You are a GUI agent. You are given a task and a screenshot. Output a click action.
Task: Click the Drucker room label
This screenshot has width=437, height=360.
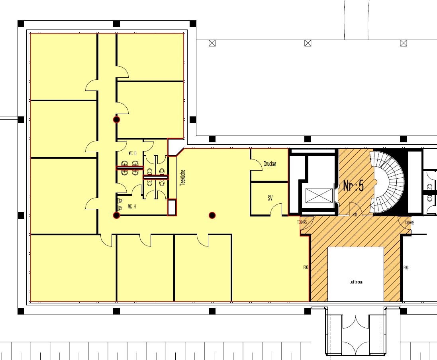[x=270, y=164]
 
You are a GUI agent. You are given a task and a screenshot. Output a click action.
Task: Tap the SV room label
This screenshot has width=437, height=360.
[x=270, y=198]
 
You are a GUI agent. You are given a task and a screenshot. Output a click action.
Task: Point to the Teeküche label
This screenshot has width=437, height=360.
[x=182, y=177]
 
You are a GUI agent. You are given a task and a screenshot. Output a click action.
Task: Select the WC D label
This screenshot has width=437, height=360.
[x=132, y=153]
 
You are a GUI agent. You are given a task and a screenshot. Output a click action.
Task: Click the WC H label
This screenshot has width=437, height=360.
[x=132, y=207]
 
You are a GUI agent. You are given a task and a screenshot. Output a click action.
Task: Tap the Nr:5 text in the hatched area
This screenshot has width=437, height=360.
[x=353, y=185]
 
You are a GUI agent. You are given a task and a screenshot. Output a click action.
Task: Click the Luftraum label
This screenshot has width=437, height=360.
[x=355, y=282]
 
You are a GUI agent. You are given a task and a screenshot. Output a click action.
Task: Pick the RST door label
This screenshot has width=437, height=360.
[x=355, y=215]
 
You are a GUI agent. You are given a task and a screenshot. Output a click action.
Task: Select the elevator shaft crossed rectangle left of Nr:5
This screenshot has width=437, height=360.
[x=318, y=196]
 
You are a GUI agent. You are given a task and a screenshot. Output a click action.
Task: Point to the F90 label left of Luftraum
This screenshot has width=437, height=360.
[x=306, y=268]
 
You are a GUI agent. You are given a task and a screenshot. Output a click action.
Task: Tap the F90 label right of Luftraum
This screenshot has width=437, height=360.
[x=406, y=268]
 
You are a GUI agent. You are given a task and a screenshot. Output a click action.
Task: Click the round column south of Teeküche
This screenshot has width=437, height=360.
[x=212, y=215]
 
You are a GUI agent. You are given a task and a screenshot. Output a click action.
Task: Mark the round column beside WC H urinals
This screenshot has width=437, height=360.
[x=116, y=215]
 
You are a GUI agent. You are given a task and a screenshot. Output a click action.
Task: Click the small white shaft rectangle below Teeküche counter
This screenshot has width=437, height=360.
[x=172, y=207]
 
